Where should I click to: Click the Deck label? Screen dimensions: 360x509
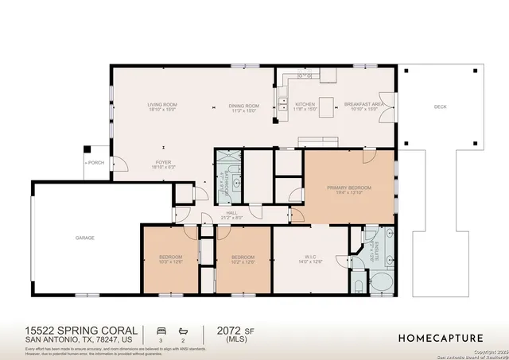point(440,106)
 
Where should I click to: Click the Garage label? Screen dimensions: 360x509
point(85,238)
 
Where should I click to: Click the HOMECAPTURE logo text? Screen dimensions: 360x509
point(444,338)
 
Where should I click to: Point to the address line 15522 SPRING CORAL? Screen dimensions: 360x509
point(81,329)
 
